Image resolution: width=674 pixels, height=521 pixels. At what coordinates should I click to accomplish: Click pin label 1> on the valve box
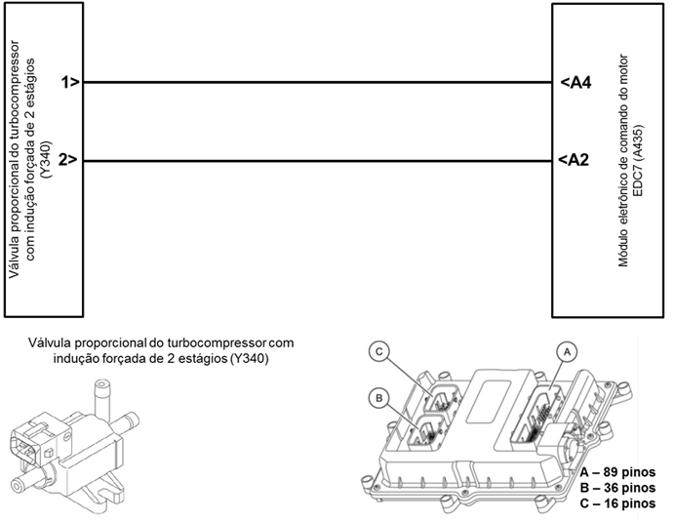tap(70, 82)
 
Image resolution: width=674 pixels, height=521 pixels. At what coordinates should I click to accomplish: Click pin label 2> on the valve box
tap(69, 160)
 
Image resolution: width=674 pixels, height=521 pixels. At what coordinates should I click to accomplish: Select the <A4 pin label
tap(575, 82)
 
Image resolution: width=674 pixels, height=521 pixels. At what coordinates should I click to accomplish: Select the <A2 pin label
tap(574, 160)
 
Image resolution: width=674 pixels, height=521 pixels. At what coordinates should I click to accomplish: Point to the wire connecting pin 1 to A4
tap(318, 82)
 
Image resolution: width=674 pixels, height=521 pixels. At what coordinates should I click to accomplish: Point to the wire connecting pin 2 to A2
tap(318, 161)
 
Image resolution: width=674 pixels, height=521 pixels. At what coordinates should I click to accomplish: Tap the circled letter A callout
tap(567, 352)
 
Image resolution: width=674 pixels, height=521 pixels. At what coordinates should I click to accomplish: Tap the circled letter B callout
tap(378, 398)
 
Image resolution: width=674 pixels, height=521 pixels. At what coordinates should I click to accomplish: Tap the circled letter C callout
tap(378, 351)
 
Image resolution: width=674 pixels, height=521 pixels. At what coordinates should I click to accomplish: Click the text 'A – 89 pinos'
tap(617, 472)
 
